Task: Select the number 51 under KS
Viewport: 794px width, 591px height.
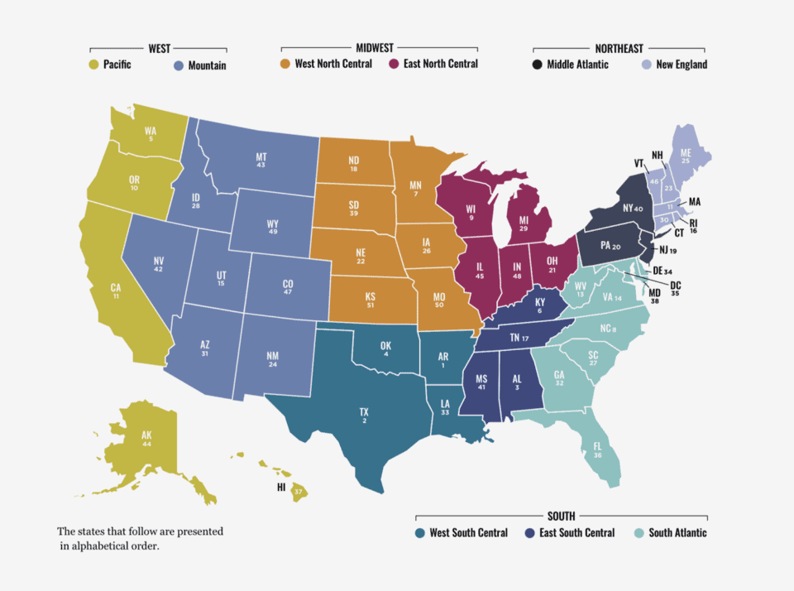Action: click(371, 305)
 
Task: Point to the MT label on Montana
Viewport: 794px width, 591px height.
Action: click(261, 156)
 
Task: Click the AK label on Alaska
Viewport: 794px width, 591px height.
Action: click(146, 435)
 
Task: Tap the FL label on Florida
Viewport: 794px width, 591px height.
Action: click(597, 445)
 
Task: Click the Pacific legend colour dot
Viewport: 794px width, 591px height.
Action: click(93, 65)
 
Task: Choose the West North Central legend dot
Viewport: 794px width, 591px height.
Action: click(285, 64)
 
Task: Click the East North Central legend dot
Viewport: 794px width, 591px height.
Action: click(394, 64)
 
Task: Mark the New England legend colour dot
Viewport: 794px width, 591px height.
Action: click(648, 64)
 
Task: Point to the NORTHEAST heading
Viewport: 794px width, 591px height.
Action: click(619, 49)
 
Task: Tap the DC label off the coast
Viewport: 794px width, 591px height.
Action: click(652, 284)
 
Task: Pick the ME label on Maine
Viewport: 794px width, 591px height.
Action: click(686, 152)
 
